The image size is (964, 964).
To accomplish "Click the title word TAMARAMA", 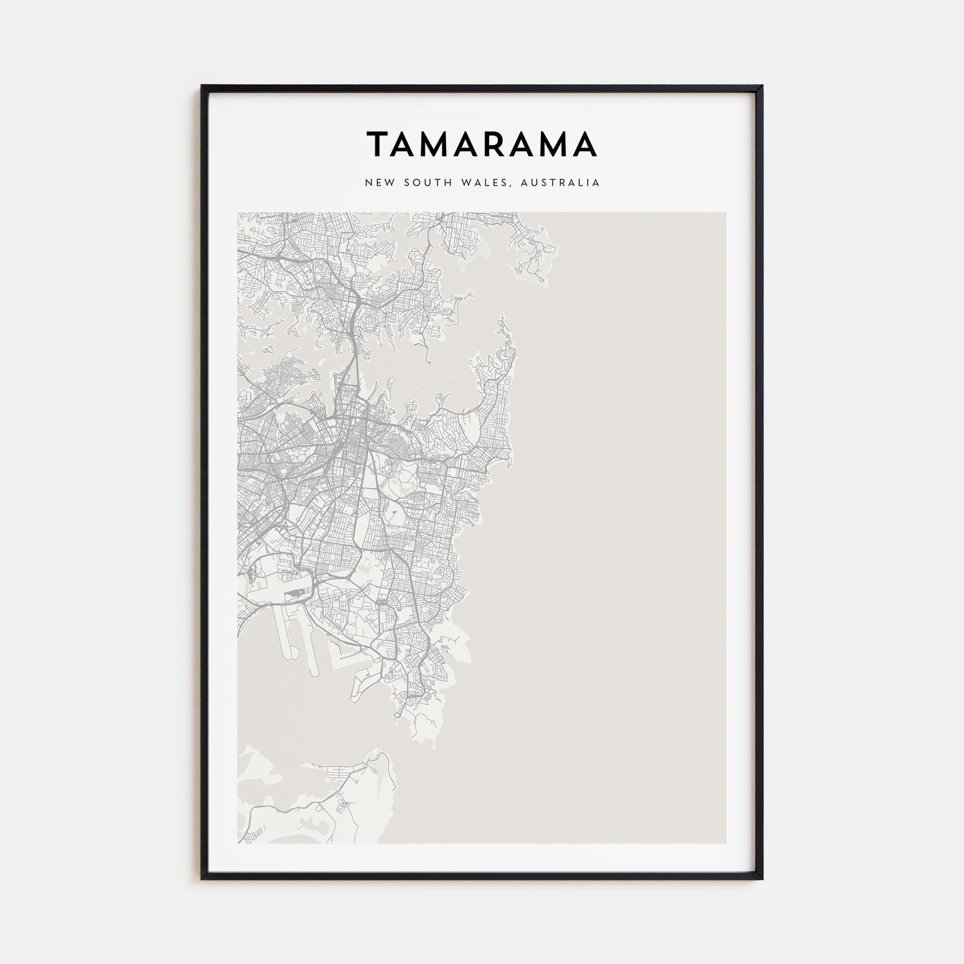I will click(x=482, y=144).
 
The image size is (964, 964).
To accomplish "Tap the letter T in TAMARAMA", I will click(x=378, y=144).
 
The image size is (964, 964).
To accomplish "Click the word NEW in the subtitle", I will click(x=376, y=183).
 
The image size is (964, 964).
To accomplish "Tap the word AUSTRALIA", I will click(x=560, y=183).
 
